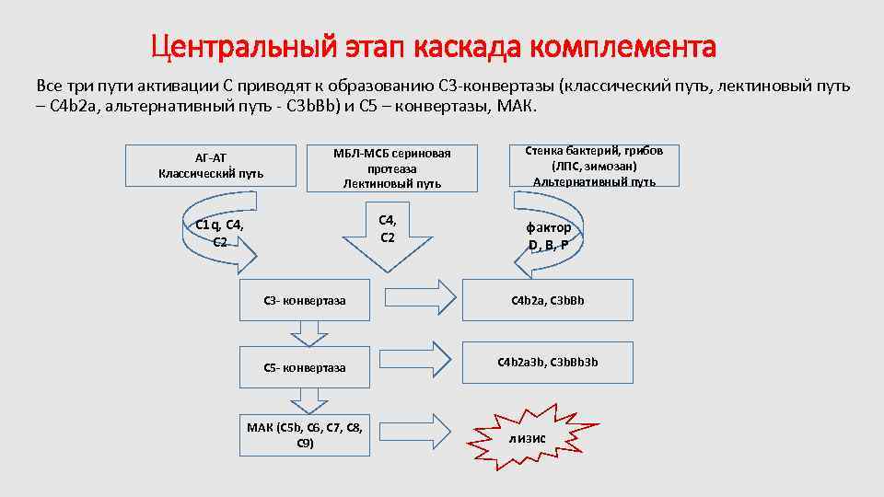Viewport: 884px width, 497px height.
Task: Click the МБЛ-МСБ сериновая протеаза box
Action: tap(392, 168)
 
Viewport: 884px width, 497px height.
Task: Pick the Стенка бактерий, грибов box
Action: tap(594, 167)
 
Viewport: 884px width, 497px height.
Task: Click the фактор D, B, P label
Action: tap(549, 236)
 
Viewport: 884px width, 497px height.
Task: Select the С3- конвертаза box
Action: tap(305, 300)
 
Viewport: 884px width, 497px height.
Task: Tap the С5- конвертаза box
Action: tap(305, 367)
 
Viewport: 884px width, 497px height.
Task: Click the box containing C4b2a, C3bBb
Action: tap(548, 300)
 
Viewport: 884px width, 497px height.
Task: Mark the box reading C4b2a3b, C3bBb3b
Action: tap(548, 362)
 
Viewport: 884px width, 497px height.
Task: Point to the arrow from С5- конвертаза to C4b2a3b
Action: tap(426, 357)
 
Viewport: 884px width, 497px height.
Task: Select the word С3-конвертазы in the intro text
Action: tap(497, 86)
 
